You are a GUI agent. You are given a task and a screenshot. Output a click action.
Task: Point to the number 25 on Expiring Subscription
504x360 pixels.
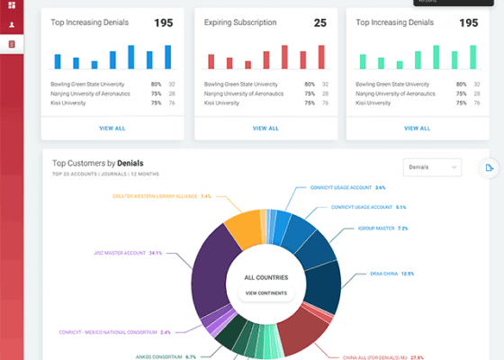click(x=319, y=22)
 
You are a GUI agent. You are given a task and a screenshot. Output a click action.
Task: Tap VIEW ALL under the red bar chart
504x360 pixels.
click(x=265, y=128)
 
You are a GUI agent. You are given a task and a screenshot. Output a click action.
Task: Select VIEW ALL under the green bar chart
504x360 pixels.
click(x=418, y=128)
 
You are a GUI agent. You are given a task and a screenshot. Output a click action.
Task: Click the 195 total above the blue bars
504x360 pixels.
click(x=163, y=22)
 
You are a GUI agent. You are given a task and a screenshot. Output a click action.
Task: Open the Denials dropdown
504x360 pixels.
click(x=433, y=167)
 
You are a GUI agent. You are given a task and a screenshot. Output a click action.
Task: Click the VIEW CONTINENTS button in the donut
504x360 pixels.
click(x=265, y=293)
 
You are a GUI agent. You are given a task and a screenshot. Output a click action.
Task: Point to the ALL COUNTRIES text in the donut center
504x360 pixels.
click(x=265, y=278)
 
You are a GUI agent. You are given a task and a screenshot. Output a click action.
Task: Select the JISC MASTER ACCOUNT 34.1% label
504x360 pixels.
click(x=130, y=253)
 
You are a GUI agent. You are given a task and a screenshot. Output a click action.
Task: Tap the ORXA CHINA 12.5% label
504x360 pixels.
click(x=391, y=273)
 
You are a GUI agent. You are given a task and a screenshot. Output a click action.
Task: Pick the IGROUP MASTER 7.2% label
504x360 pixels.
click(x=383, y=229)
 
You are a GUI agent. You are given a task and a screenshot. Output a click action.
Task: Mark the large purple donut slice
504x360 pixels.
click(x=212, y=270)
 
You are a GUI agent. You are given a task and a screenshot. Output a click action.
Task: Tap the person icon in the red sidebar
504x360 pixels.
click(x=12, y=25)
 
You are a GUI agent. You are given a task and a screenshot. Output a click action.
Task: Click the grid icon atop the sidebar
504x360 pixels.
click(x=12, y=5)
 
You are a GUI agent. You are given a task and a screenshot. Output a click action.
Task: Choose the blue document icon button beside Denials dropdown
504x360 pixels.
click(x=489, y=167)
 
